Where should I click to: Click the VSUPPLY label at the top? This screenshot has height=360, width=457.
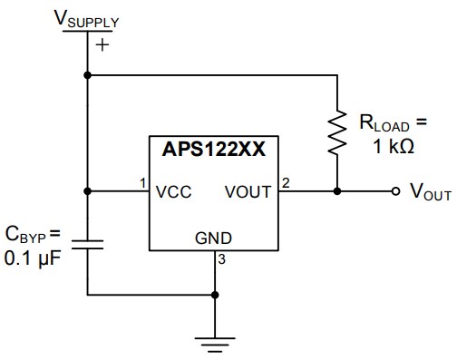pos(88,18)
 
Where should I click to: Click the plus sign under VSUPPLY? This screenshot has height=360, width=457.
pos(102,44)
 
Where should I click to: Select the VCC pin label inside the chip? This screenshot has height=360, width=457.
pos(172,192)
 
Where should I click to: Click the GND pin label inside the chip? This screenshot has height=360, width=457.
pos(213,239)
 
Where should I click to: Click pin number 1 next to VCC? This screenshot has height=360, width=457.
pos(143,184)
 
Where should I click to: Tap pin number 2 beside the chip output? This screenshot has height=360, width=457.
pos(286,184)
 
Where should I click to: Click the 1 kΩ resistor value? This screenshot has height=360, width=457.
pos(394,147)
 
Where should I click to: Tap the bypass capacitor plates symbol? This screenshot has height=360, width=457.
pos(88,243)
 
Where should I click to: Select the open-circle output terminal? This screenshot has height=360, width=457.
pos(395,192)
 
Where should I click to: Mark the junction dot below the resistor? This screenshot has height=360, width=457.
pos(336,192)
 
